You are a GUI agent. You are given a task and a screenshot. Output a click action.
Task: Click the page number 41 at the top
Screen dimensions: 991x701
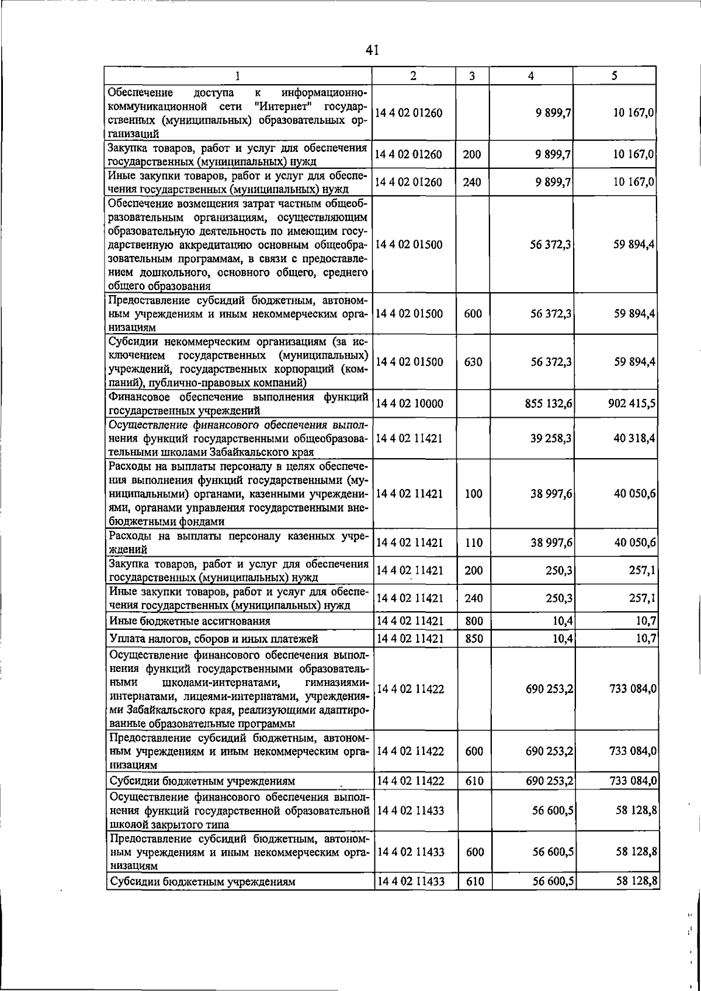click(x=373, y=50)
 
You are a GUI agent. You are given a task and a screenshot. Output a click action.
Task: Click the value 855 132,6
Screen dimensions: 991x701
click(x=549, y=403)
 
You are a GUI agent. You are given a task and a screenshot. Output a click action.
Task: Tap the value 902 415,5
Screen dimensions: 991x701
click(x=631, y=403)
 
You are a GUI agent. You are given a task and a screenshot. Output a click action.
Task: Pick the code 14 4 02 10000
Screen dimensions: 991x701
click(x=409, y=403)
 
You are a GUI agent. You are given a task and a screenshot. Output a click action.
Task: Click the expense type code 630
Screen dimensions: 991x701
click(x=473, y=362)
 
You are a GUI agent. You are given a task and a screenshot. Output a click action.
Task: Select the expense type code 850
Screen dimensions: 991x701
click(x=474, y=639)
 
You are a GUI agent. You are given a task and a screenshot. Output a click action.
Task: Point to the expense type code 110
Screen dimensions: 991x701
click(x=474, y=543)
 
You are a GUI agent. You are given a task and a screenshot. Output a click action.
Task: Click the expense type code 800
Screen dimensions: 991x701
click(x=474, y=621)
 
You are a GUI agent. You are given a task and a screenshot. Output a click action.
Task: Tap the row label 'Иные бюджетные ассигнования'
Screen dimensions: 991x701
click(x=189, y=621)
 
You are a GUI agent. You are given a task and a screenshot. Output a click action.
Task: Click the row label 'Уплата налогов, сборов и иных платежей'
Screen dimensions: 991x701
click(x=213, y=639)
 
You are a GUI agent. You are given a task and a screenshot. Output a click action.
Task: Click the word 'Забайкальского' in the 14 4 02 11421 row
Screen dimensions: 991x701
click(x=259, y=452)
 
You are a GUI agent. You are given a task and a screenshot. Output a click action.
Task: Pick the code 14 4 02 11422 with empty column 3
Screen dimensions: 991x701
click(x=411, y=689)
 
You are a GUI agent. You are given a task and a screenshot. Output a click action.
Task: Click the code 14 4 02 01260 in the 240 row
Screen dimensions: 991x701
click(x=409, y=182)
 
